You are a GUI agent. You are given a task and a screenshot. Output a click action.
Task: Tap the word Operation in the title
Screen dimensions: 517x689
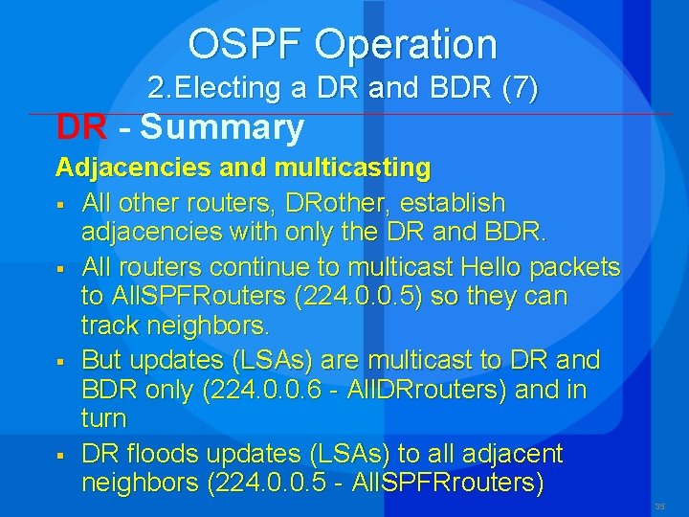coord(406,44)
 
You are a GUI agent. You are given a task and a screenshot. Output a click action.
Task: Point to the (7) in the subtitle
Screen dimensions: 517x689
coord(520,89)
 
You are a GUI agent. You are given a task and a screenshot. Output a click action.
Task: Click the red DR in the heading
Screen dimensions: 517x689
coord(81,126)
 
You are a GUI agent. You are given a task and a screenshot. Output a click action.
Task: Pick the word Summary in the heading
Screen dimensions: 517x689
coord(222,126)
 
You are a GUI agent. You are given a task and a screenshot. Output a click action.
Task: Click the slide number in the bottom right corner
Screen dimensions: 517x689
coord(659,506)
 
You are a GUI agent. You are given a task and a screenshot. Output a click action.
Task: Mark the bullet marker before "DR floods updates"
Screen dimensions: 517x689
coord(59,453)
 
